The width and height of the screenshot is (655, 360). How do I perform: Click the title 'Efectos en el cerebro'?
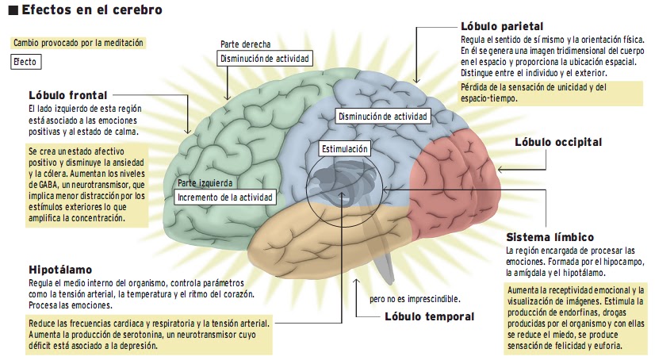tap(92, 10)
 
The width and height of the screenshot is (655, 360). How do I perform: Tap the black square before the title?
tap(13, 10)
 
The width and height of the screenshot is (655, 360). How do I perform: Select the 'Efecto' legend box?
tap(26, 62)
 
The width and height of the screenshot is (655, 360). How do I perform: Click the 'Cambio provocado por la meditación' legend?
tap(79, 43)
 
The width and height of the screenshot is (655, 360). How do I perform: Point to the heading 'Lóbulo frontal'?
tap(68, 95)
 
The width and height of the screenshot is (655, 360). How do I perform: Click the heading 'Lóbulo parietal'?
tap(502, 26)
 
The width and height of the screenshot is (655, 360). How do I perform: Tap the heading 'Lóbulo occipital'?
tap(558, 142)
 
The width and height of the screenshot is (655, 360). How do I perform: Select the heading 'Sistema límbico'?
tap(550, 237)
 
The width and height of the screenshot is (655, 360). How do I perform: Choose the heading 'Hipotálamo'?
tap(60, 270)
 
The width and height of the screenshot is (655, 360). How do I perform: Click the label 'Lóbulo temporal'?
tap(430, 316)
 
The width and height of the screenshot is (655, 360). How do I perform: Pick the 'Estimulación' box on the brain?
tap(345, 148)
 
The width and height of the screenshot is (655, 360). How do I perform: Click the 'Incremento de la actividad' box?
tap(225, 197)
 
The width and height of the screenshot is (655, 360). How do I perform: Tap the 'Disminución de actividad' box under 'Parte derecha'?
tap(264, 59)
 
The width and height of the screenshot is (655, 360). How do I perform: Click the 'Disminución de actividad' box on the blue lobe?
tap(383, 116)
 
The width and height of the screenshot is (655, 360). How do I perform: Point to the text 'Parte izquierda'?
tap(205, 183)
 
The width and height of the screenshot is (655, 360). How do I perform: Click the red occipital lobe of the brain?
tap(455, 184)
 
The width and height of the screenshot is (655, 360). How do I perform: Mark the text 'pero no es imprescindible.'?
tap(415, 299)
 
